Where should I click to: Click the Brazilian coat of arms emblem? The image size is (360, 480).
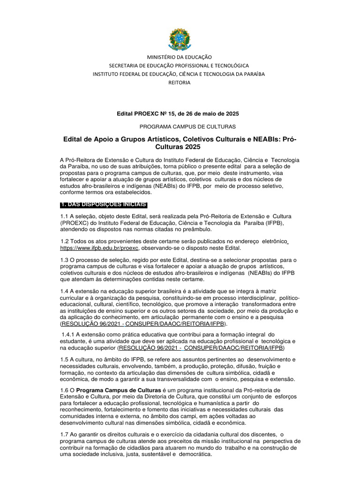click(x=180, y=39)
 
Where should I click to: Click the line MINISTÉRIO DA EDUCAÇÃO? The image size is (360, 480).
click(x=180, y=57)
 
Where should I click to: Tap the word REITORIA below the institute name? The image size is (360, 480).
click(x=180, y=82)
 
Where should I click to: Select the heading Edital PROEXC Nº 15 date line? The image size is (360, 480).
click(x=180, y=114)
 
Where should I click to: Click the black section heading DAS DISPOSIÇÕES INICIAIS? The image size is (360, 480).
click(x=104, y=204)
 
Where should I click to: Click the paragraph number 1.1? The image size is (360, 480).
click(x=65, y=216)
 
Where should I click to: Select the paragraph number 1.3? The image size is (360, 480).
click(x=65, y=260)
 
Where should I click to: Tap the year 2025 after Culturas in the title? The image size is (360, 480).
click(x=197, y=147)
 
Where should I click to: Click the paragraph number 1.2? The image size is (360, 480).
click(x=65, y=241)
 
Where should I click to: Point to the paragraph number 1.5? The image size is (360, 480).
click(x=65, y=359)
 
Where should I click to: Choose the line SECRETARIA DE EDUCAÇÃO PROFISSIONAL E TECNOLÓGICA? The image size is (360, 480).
click(x=180, y=65)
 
